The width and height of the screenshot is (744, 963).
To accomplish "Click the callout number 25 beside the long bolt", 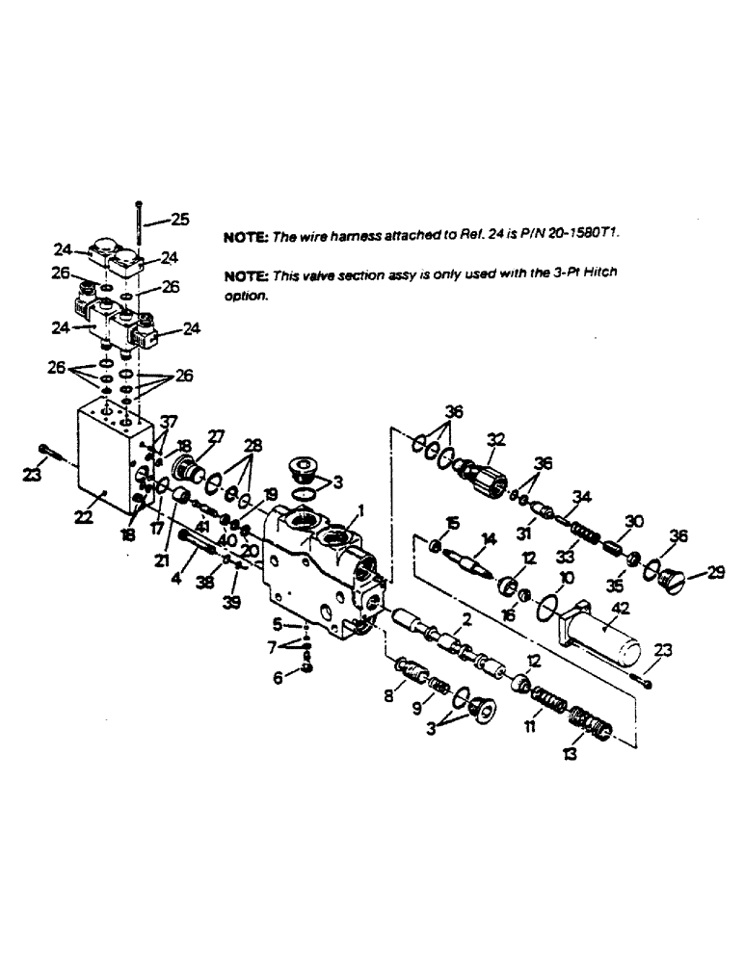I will point(179,219).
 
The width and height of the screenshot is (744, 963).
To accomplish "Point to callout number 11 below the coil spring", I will point(531,729).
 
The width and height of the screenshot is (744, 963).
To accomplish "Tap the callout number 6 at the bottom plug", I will point(279,678).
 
